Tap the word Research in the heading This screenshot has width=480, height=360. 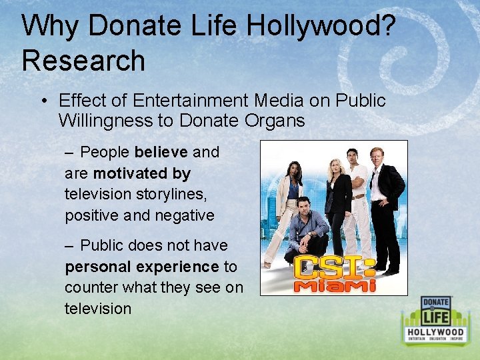coord(83,60)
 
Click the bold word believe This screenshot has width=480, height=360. coord(161,152)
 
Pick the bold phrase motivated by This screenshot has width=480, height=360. coord(142,173)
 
